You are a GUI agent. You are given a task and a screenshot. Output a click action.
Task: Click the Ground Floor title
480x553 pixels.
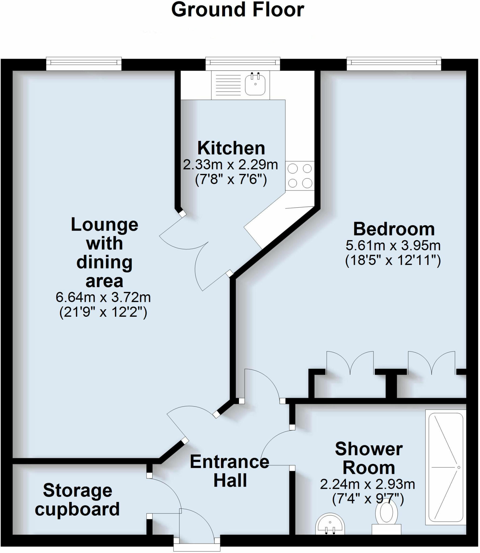pos(238,10)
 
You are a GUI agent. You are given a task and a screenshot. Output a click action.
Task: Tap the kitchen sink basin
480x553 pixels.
pos(255,85)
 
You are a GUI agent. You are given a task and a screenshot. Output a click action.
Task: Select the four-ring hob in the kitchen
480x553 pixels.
pos(300,176)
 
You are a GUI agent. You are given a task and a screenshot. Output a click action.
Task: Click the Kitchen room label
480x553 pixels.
pos(231,148)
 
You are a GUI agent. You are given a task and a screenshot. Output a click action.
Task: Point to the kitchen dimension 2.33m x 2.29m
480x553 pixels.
pos(230,165)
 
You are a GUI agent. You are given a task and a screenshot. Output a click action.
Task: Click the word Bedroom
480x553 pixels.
pos(394,229)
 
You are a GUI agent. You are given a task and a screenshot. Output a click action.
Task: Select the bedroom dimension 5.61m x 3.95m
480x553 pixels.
pos(393,246)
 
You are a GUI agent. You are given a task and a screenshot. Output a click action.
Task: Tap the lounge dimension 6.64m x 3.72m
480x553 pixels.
pos(103,298)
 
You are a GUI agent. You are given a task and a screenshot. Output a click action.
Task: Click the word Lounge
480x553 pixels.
pos(105,225)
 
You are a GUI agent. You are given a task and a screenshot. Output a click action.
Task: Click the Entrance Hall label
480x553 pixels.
pos(230,471)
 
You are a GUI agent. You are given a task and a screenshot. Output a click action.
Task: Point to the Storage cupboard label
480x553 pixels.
pos(78,500)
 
